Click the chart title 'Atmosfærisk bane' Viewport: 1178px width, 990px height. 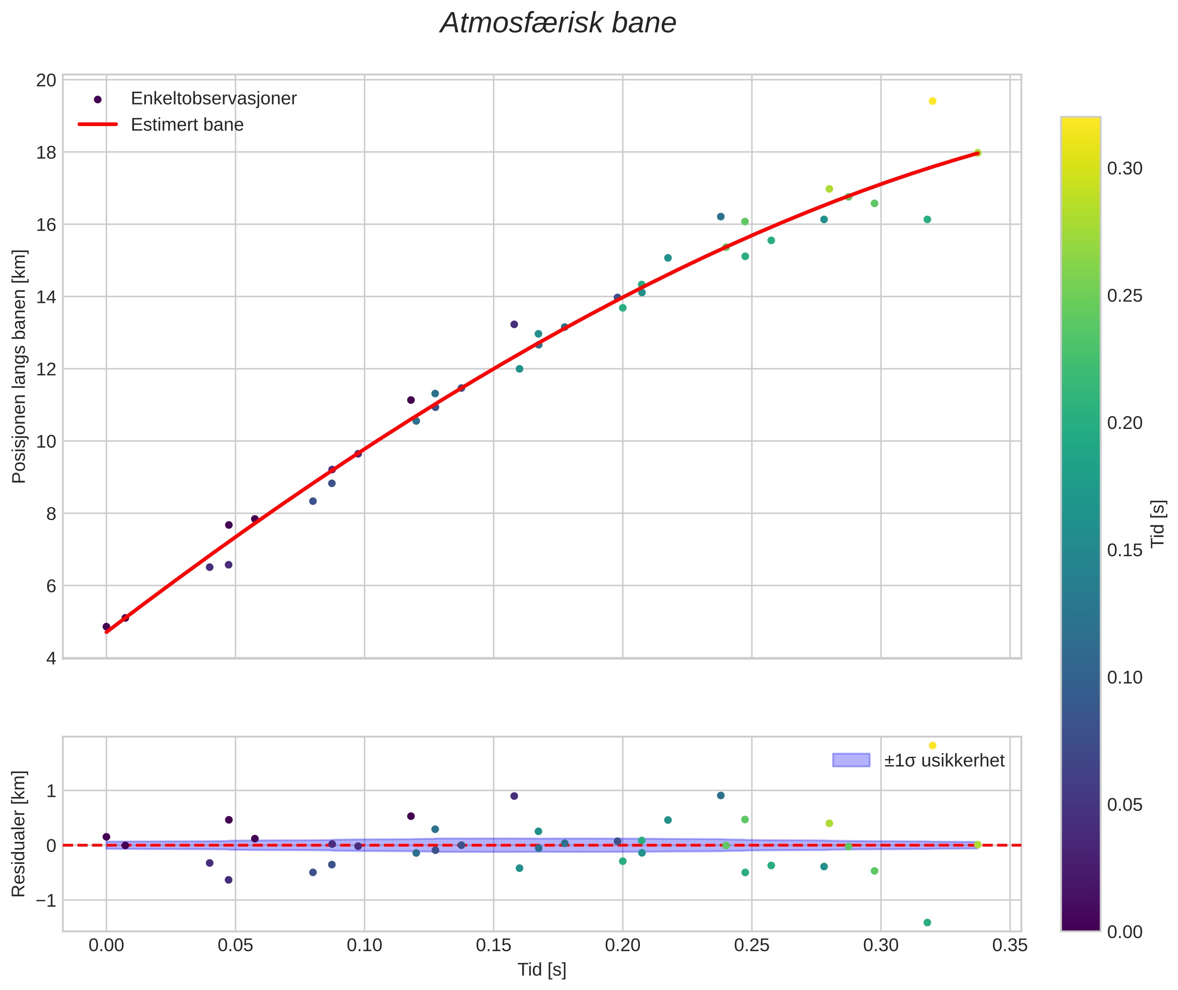coord(558,23)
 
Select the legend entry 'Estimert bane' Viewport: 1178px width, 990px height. coord(187,125)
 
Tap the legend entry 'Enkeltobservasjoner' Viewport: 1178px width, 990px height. coord(213,99)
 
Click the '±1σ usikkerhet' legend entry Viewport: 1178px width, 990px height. coord(944,760)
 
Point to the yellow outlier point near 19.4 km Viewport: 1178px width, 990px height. coord(932,101)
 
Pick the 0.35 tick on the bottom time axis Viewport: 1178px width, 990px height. coord(1010,945)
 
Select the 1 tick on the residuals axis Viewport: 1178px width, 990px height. coord(51,791)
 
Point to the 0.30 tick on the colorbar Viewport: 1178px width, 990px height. coord(1124,168)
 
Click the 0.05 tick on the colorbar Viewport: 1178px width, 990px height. coord(1124,805)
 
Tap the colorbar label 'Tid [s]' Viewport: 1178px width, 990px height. coord(1157,523)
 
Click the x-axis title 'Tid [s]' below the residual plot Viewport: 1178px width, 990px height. coord(542,970)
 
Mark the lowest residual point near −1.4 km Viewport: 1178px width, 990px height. coord(927,923)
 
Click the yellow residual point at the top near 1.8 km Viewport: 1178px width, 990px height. coord(932,745)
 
